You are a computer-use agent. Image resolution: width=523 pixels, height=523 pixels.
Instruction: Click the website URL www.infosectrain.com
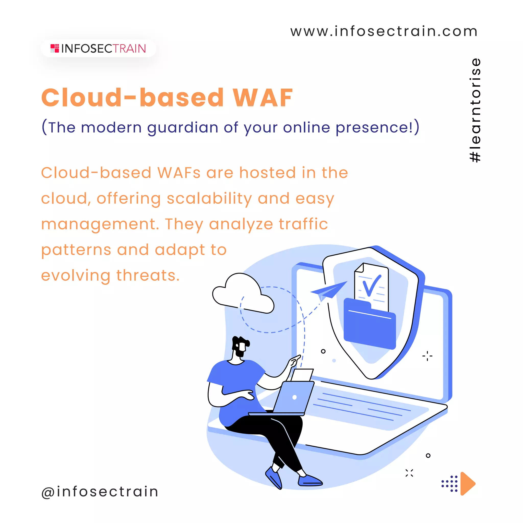pos(384,31)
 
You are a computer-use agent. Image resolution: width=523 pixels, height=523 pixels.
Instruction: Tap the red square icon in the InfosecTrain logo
pos(55,49)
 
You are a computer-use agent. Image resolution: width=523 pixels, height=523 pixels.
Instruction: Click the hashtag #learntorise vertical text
pos(475,110)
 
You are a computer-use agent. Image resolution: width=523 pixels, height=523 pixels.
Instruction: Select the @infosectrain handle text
pos(100,491)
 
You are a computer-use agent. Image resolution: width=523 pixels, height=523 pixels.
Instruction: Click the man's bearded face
pos(240,348)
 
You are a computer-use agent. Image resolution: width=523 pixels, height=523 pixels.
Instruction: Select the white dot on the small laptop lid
pos(294,397)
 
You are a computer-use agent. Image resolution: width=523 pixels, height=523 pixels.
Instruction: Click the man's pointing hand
pos(294,361)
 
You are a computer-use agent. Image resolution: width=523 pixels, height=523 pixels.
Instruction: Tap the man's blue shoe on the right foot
pos(310,480)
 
